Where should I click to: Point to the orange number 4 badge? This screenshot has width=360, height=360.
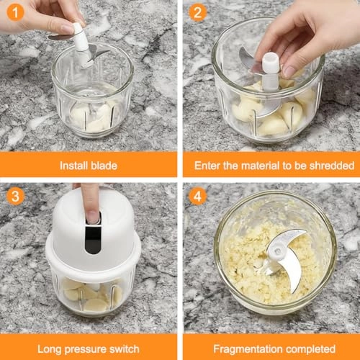[197, 195]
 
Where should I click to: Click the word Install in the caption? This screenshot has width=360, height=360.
[75, 166]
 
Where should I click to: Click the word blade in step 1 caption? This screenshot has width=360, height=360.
[104, 166]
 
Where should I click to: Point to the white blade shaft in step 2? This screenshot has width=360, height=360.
[271, 72]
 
